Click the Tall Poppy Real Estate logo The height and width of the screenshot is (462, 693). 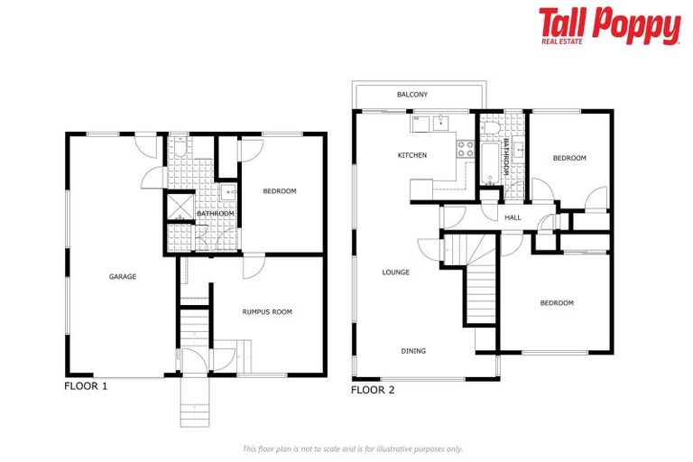point(609,26)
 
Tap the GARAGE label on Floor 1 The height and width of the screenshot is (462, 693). point(123,277)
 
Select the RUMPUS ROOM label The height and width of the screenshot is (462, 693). point(267,312)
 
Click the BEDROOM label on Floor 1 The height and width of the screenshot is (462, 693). point(279,191)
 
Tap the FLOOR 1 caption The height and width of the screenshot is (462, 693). point(86,385)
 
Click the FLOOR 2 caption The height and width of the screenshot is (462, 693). point(372,391)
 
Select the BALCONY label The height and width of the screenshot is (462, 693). point(411,95)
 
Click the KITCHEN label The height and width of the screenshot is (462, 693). point(411,155)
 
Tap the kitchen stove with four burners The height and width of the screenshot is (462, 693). point(467,149)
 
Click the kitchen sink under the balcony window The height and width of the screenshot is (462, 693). point(443,123)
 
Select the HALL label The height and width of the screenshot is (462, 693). point(513,217)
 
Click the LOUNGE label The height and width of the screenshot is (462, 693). point(395,273)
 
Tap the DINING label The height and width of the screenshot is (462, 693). point(413,351)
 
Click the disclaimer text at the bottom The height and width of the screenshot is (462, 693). point(352,448)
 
